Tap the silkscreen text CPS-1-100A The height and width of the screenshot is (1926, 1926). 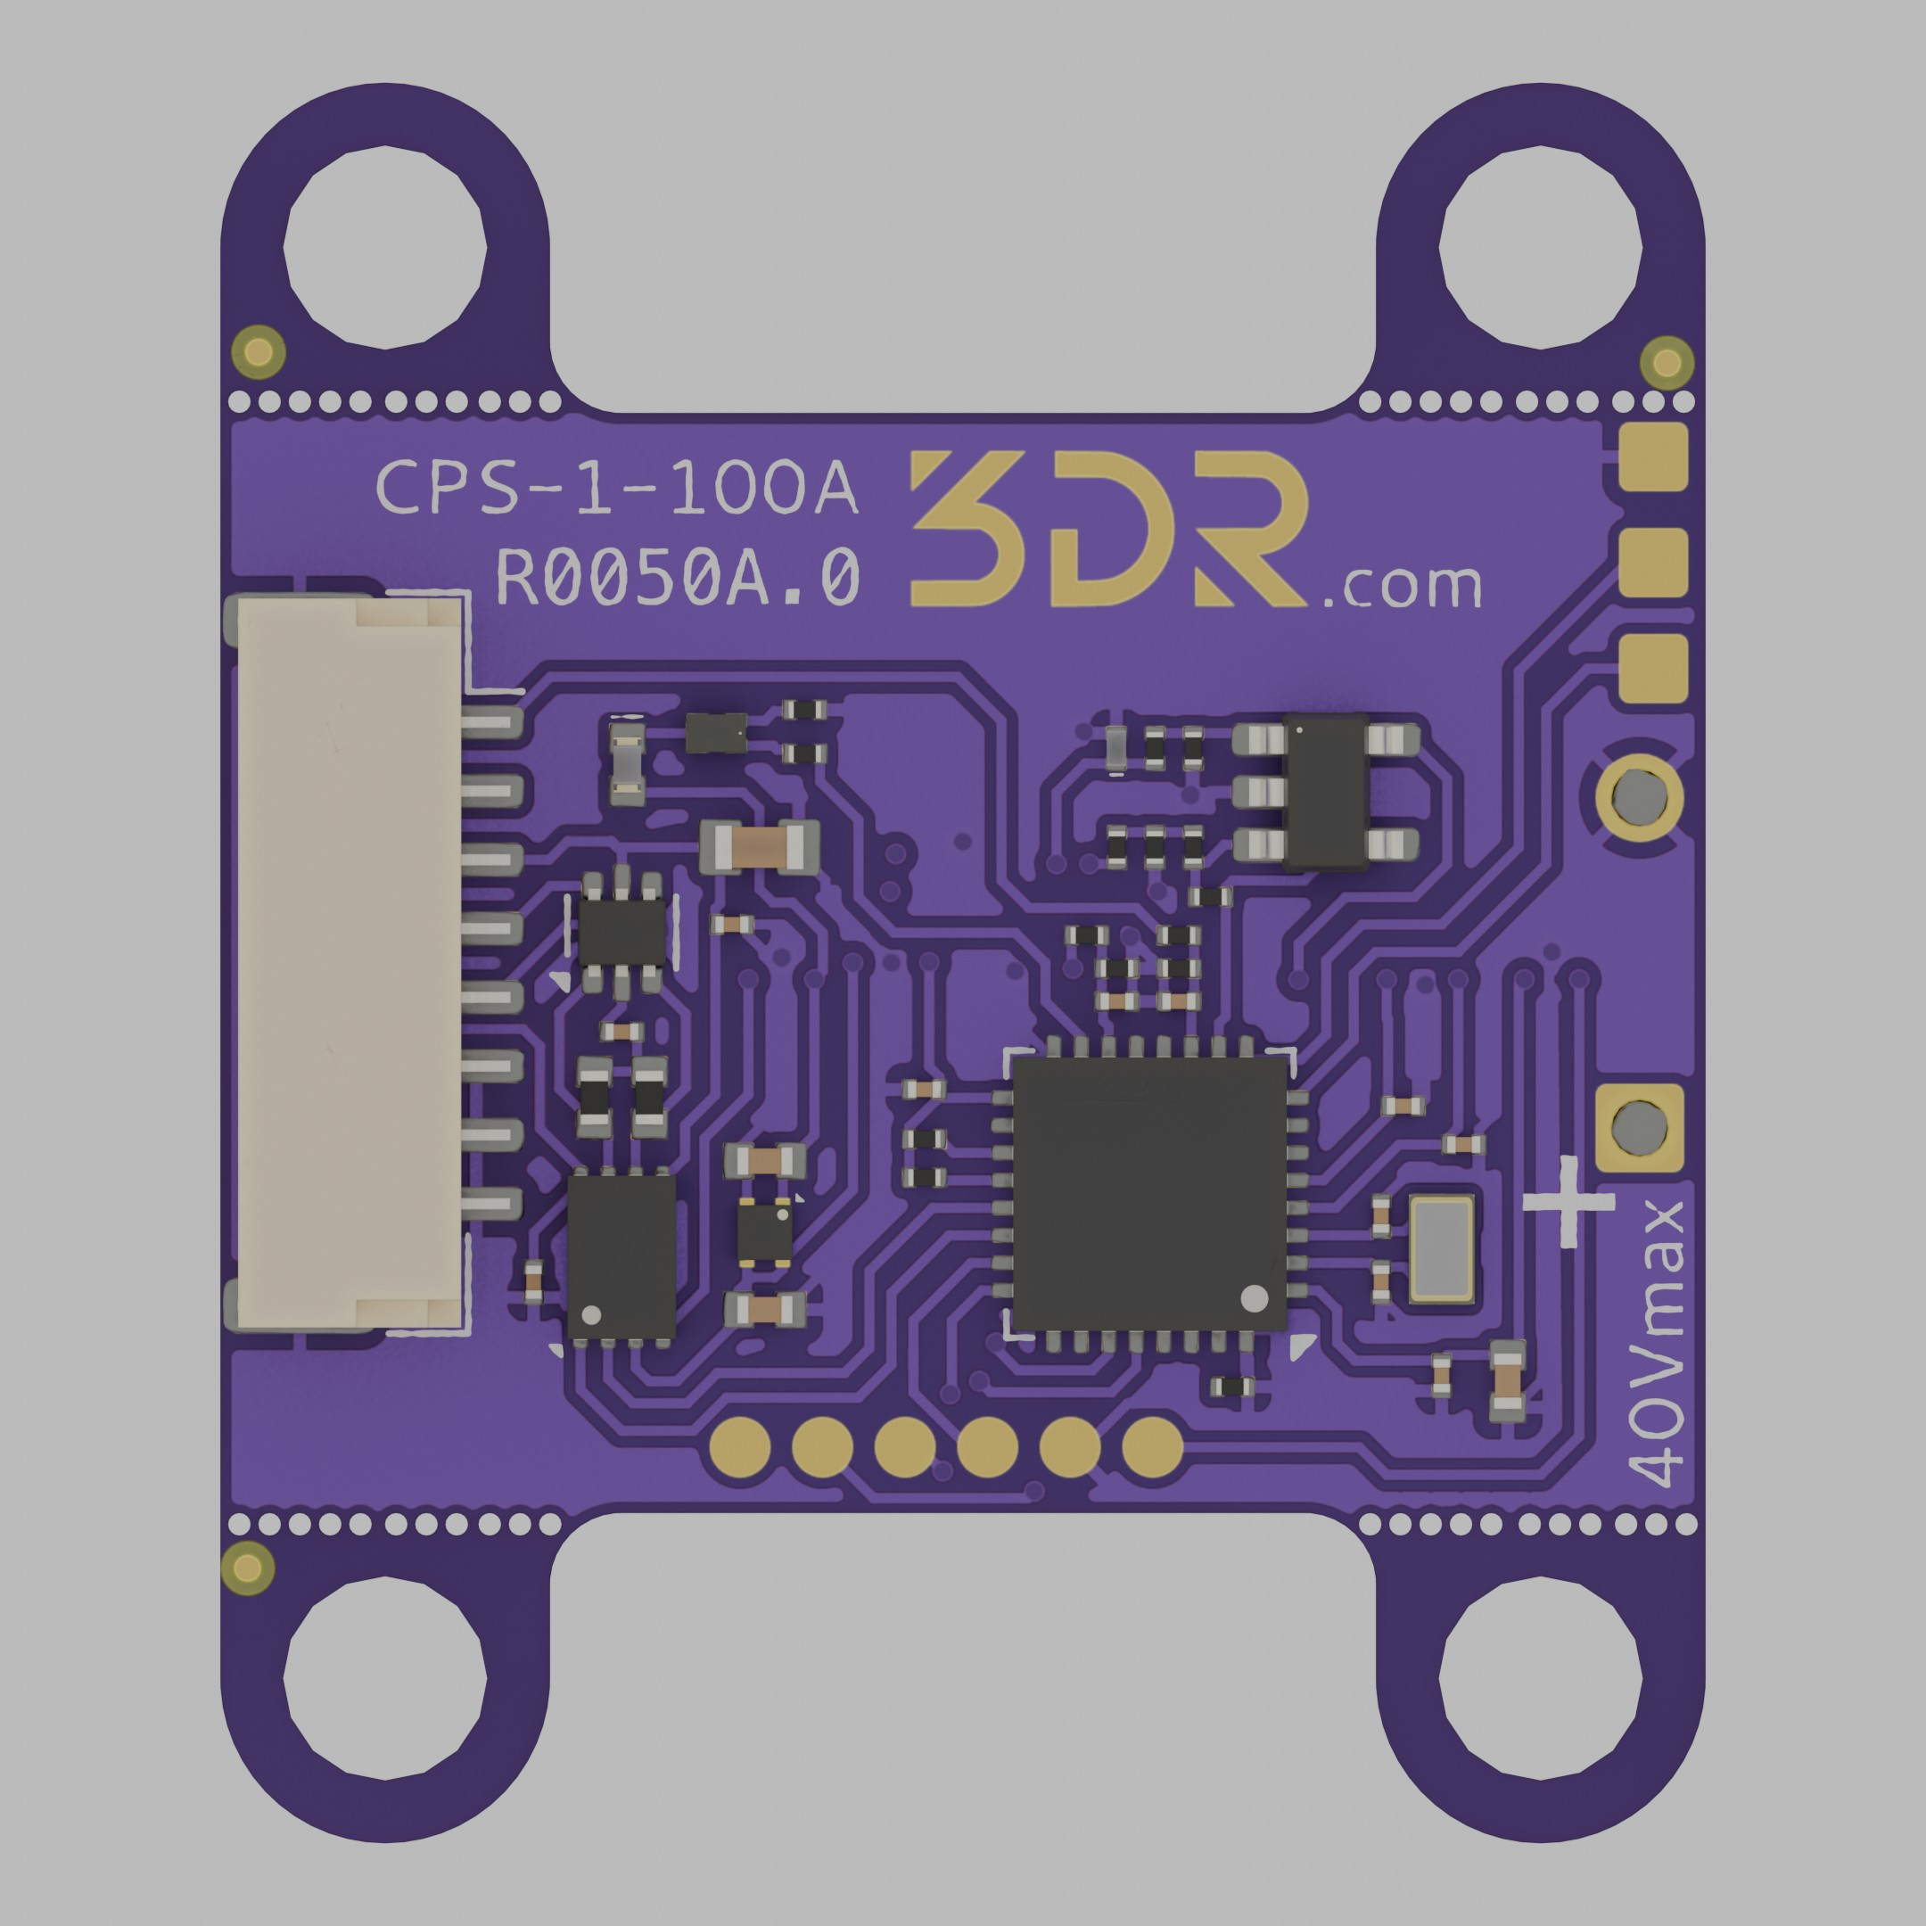[617, 489]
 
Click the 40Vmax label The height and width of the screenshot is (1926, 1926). [1656, 1346]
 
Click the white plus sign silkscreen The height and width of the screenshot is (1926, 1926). [1568, 1202]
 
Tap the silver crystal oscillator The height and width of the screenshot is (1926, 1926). [1442, 1250]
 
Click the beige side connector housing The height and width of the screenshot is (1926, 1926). [349, 963]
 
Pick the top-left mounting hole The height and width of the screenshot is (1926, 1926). [385, 246]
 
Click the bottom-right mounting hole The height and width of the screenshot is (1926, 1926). [1541, 1679]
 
